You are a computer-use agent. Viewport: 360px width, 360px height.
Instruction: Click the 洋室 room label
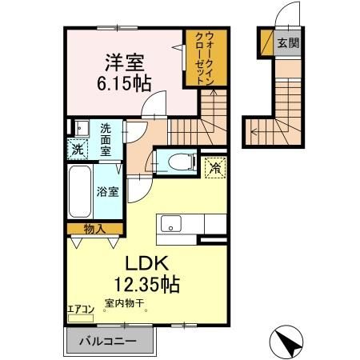118,61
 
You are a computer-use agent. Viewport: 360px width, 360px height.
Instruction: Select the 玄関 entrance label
286,44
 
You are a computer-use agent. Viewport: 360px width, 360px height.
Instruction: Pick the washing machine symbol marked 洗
78,148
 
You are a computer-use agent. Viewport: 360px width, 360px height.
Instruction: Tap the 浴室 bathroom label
107,191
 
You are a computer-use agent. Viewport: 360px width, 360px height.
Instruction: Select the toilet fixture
178,162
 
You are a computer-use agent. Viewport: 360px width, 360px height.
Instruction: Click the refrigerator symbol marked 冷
214,167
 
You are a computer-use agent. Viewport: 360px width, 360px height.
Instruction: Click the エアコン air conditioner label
80,306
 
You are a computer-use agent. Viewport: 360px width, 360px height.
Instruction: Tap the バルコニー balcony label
106,342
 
